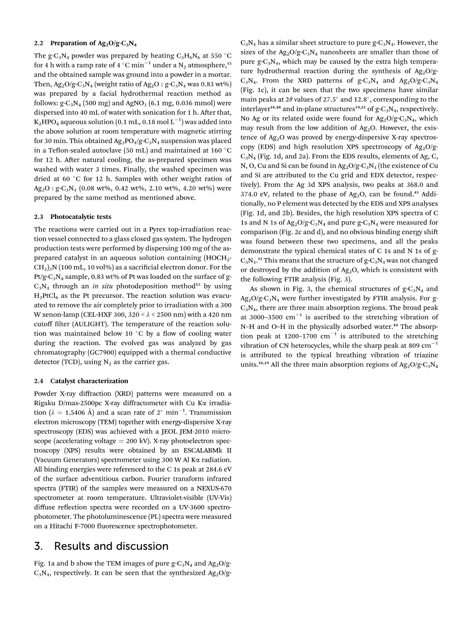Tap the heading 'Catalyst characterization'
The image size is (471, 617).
tap(89, 381)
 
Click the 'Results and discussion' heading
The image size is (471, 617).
tap(111, 546)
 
